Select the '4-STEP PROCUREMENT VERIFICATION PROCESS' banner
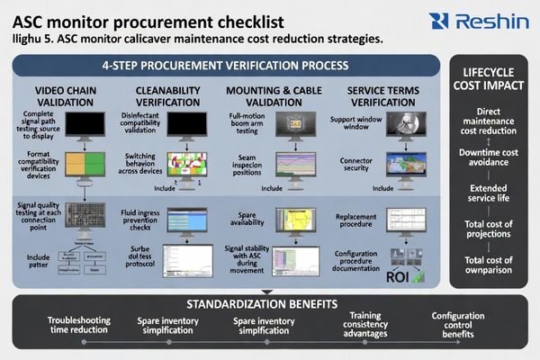pyautogui.click(x=224, y=65)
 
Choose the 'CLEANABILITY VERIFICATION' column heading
pyautogui.click(x=167, y=97)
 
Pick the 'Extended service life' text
pyautogui.click(x=489, y=194)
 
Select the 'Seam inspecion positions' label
pyautogui.click(x=247, y=165)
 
